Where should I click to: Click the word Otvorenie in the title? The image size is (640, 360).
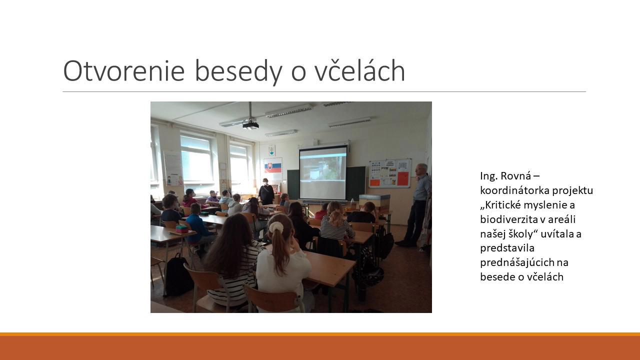(x=123, y=71)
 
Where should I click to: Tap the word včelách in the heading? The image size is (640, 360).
(x=360, y=70)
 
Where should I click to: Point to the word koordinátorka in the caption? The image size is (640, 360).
(x=515, y=190)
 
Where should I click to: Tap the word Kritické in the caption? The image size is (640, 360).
(x=502, y=205)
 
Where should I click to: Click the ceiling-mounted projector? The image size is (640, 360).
(x=250, y=125)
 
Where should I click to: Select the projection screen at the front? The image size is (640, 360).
(x=323, y=172)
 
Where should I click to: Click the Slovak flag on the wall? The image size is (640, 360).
(x=273, y=166)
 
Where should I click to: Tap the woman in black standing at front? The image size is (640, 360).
(x=266, y=191)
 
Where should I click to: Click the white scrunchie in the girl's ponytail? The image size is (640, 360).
(x=275, y=227)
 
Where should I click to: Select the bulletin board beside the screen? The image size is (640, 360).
(x=390, y=173)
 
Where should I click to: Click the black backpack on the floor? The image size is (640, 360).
(x=178, y=275)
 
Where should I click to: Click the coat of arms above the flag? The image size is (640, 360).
(x=271, y=150)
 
